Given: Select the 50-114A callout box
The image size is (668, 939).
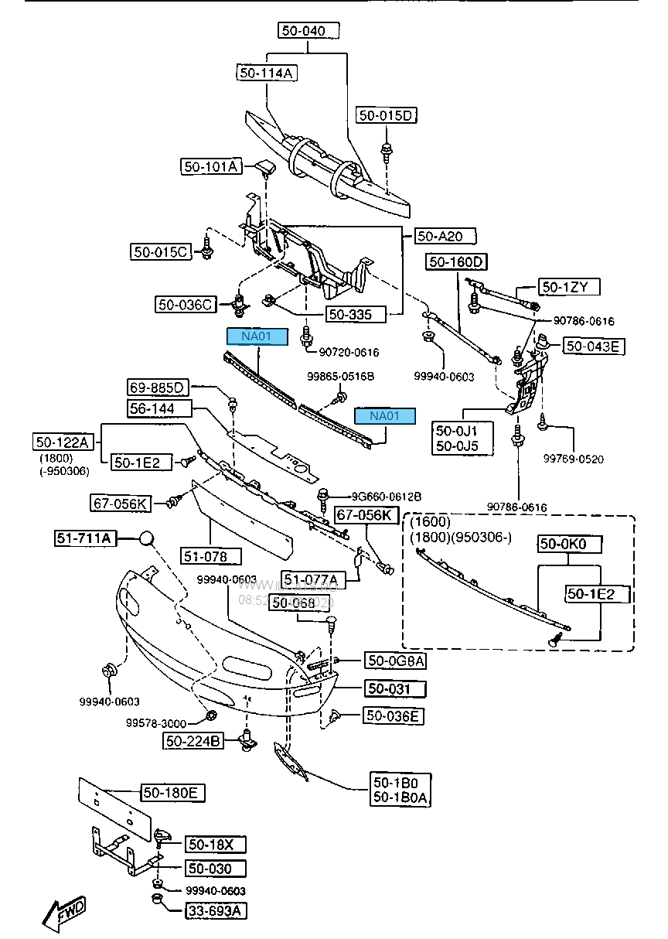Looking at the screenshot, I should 267,73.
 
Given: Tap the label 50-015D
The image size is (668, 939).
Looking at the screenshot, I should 387,116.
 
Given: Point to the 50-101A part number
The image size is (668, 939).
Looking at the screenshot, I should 211,166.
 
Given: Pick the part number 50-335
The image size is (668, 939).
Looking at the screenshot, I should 349,314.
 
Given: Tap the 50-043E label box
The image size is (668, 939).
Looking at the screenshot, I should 593,346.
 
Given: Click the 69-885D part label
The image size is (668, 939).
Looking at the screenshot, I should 158,387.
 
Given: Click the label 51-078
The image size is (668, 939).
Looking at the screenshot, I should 211,556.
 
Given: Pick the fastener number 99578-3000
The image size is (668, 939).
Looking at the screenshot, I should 156,723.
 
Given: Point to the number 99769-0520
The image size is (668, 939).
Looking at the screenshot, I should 573,459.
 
